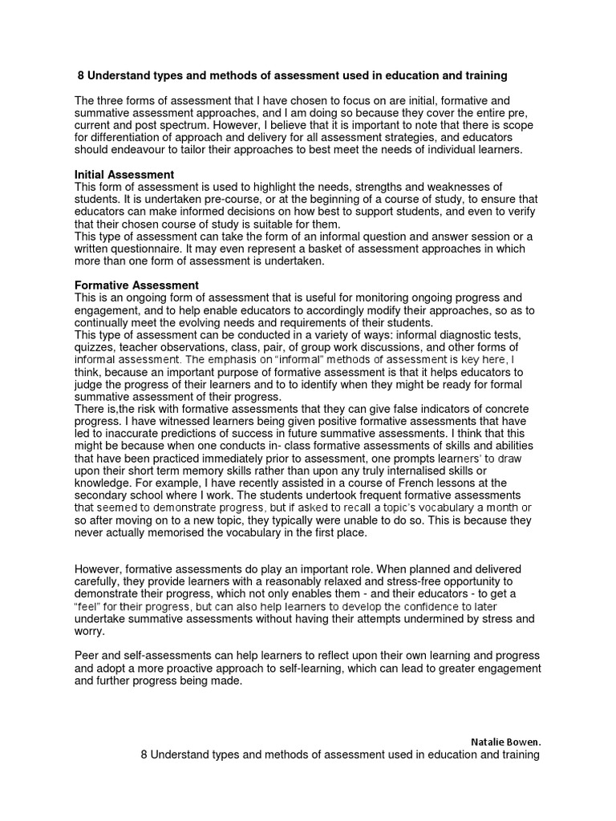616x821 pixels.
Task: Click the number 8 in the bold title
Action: coord(81,76)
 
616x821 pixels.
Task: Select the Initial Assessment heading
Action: coord(124,175)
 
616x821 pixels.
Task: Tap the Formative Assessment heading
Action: coord(136,285)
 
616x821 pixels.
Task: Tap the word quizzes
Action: coord(95,347)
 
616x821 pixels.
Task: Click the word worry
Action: coord(88,631)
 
